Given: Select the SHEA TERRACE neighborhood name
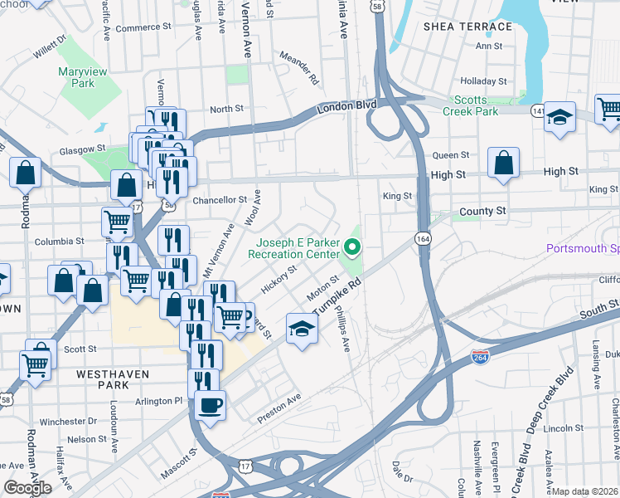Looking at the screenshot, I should point(467,27).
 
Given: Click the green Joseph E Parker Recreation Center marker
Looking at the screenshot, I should point(353,247).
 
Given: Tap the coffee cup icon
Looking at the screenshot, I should point(209,406).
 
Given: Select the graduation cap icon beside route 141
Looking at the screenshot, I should point(559,116).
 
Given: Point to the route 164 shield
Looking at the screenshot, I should point(423,239).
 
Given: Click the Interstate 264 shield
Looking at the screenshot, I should point(479,356).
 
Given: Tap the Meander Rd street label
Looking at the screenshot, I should point(299,69).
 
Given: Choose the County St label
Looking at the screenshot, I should point(482,212).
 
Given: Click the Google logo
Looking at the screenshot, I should point(27,487).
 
